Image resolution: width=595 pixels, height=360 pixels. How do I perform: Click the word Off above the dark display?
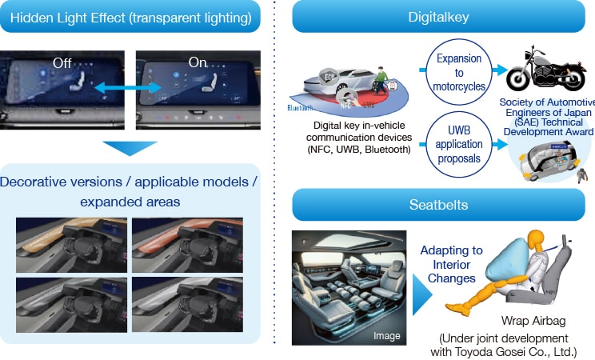[x=62, y=62]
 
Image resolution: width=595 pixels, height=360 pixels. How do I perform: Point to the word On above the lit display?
[x=197, y=61]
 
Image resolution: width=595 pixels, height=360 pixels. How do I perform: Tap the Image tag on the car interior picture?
[x=386, y=336]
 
